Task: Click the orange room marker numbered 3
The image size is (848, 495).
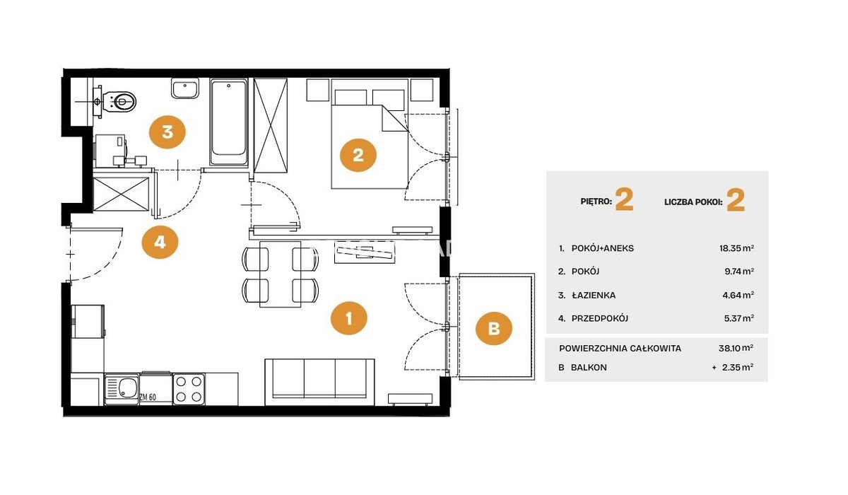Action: point(167,132)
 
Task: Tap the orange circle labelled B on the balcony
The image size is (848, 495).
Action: point(494,328)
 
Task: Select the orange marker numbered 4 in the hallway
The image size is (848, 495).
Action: point(160,242)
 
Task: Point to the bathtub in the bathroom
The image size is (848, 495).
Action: point(229,122)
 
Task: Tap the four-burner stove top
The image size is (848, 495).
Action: point(189,389)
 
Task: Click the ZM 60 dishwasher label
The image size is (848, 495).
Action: point(148,397)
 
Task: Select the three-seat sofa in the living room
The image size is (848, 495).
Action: point(319,382)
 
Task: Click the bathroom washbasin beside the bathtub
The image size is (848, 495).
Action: point(184,88)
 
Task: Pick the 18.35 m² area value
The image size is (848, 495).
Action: point(736,248)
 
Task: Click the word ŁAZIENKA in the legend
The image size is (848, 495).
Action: point(593,295)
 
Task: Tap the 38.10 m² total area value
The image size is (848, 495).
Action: point(736,348)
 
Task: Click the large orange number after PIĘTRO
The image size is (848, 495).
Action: point(624,199)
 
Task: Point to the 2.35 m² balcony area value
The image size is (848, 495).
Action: point(738,367)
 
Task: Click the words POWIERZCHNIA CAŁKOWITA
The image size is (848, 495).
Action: point(620,348)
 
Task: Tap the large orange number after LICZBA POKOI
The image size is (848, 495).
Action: point(736,200)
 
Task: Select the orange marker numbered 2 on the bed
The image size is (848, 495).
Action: point(358,155)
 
